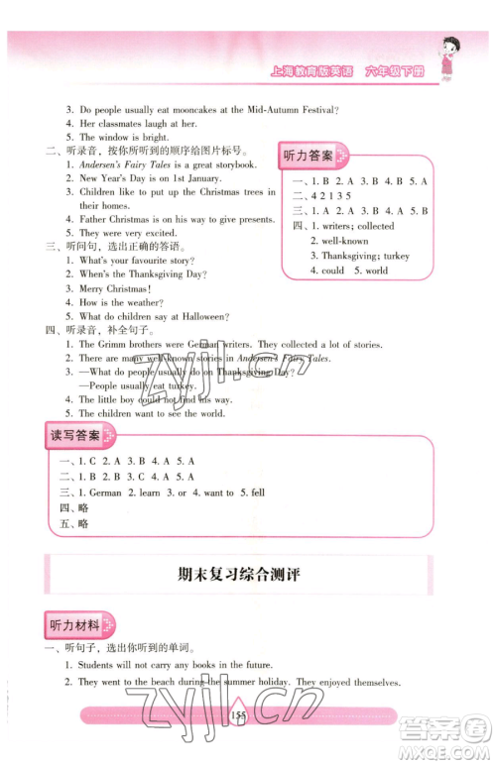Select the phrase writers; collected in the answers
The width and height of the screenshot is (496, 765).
(x=354, y=226)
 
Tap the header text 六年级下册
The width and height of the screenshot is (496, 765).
(x=397, y=69)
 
